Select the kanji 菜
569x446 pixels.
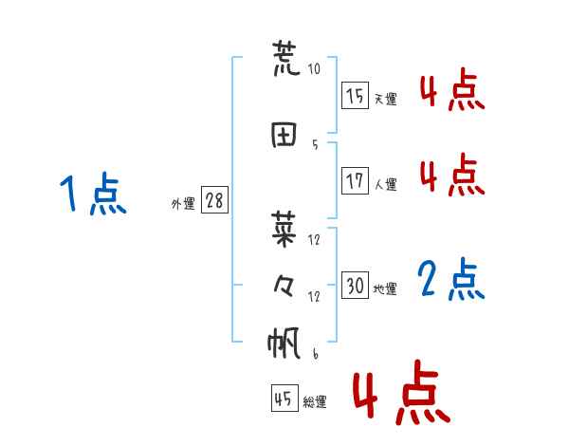[x=285, y=228]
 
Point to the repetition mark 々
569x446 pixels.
[x=284, y=285]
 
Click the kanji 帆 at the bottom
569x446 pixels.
[x=285, y=343]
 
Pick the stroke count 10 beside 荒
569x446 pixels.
[x=314, y=69]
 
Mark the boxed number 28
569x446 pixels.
[x=214, y=200]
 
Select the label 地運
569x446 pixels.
[x=385, y=289]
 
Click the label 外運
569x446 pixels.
[x=182, y=203]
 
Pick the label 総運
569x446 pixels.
[x=315, y=402]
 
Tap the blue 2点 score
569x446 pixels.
[x=451, y=280]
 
